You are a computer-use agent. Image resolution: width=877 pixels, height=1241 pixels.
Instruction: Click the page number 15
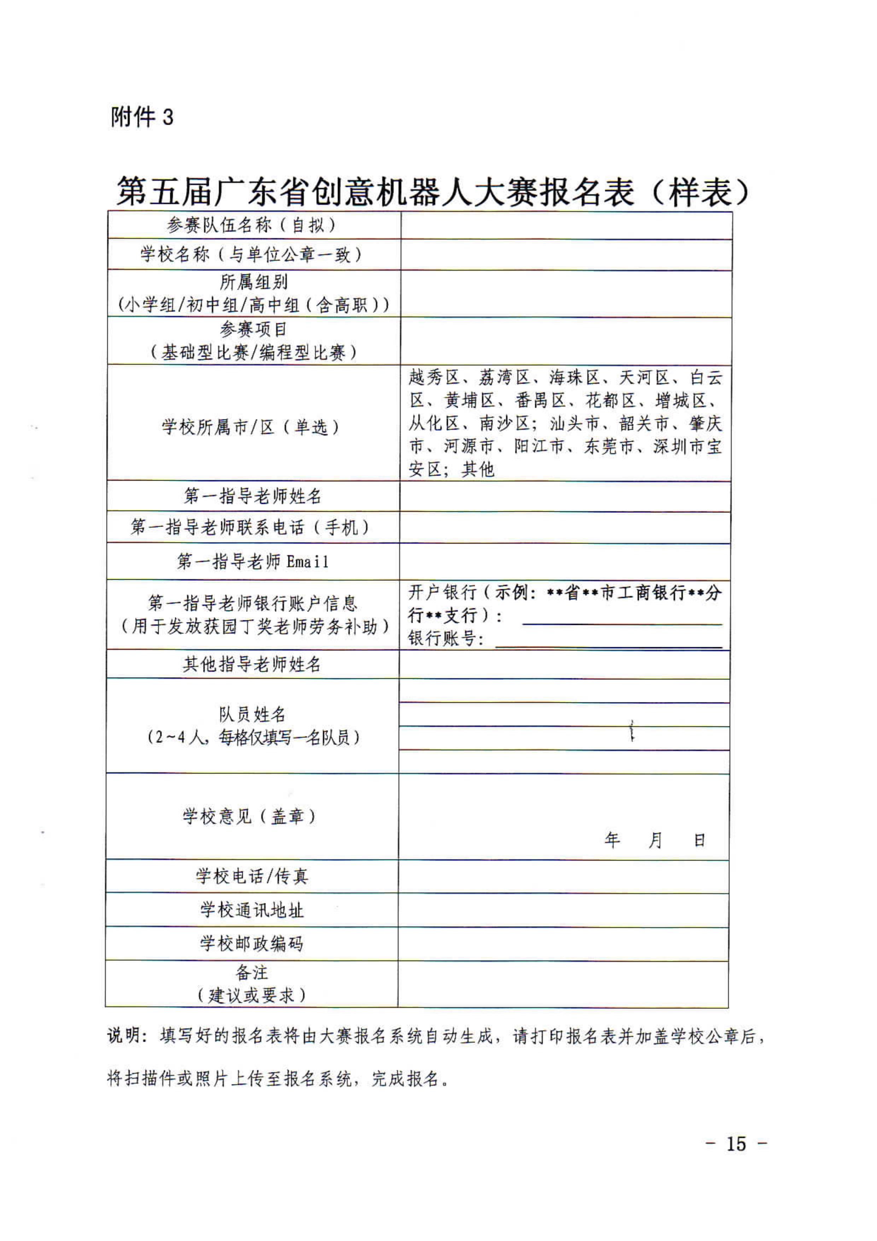(x=736, y=1144)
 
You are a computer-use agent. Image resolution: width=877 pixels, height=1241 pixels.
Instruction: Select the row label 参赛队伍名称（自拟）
(x=252, y=225)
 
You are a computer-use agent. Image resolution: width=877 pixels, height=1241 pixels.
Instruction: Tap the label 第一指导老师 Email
(x=252, y=562)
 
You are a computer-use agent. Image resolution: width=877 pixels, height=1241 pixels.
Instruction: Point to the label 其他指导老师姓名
(x=252, y=664)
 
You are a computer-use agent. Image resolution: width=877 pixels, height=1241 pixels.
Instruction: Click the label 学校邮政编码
(x=252, y=944)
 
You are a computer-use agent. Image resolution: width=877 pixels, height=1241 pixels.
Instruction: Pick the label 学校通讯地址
(x=252, y=910)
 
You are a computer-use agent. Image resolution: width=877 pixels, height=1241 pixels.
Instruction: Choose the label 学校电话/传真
(x=252, y=876)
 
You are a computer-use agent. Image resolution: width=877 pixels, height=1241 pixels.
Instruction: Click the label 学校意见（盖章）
(x=250, y=816)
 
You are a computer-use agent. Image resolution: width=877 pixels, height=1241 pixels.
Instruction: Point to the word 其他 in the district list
(x=478, y=469)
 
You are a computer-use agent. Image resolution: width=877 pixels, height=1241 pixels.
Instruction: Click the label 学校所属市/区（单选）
(x=252, y=427)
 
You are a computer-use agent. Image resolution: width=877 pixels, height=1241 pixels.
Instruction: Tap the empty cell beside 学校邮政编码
(x=563, y=944)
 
